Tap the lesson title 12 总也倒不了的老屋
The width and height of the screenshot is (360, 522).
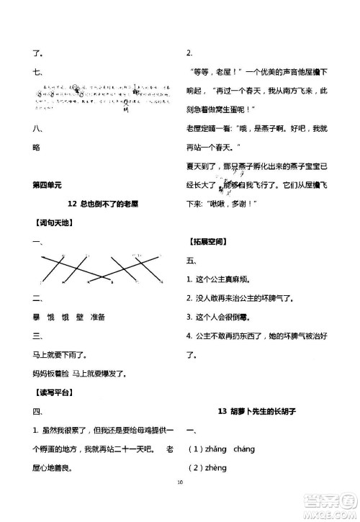click(x=101, y=204)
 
